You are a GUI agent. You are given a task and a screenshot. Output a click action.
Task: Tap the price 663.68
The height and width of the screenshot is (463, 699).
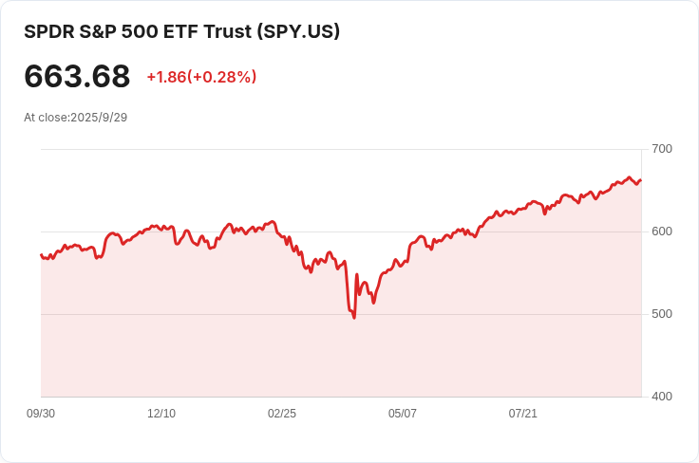(77, 76)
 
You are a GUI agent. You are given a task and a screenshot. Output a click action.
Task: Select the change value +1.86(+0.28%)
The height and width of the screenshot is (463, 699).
(201, 77)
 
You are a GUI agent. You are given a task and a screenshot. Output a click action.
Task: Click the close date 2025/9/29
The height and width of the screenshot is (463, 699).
(99, 118)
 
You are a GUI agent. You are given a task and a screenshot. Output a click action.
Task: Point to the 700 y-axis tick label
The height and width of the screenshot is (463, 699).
(662, 149)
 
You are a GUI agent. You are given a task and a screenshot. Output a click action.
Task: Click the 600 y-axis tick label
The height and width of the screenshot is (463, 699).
(662, 231)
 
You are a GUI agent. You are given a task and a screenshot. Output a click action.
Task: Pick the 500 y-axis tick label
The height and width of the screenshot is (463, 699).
(662, 314)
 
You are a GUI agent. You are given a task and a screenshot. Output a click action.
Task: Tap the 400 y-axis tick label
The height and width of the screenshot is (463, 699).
(662, 397)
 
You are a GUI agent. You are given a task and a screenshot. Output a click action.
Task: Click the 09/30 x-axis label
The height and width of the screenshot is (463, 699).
(41, 414)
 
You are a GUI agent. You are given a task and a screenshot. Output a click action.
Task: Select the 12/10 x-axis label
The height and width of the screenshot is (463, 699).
(161, 414)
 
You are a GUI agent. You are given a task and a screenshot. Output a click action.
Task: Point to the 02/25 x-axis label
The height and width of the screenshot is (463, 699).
(282, 414)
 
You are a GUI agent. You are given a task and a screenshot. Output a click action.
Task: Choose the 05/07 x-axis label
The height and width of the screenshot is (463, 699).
(403, 414)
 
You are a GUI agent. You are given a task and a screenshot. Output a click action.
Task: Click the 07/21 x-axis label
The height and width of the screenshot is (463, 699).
(523, 414)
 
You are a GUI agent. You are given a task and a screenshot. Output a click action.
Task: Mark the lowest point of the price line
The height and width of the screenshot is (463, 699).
(354, 317)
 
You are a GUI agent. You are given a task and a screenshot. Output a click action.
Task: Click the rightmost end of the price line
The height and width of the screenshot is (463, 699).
(641, 180)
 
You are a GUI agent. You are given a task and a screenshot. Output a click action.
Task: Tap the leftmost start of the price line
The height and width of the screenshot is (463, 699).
(41, 254)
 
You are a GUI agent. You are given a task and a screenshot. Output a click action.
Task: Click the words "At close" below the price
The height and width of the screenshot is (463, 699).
(45, 118)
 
